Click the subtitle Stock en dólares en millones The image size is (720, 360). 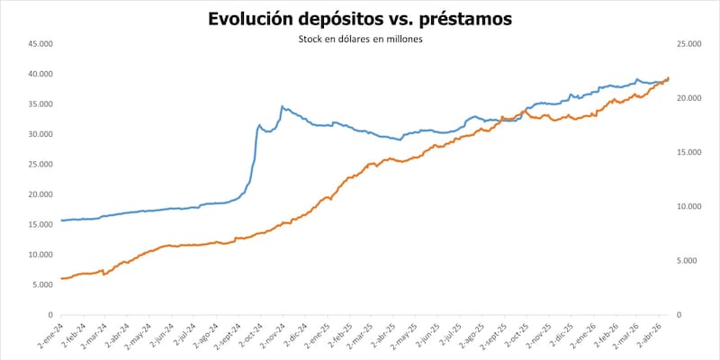360,40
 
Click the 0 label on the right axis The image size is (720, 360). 680,315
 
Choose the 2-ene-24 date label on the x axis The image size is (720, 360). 50,335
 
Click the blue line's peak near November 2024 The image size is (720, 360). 282,106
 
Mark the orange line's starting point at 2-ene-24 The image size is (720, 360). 61,278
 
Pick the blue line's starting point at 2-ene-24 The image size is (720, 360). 61,220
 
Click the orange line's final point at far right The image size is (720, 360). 668,77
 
